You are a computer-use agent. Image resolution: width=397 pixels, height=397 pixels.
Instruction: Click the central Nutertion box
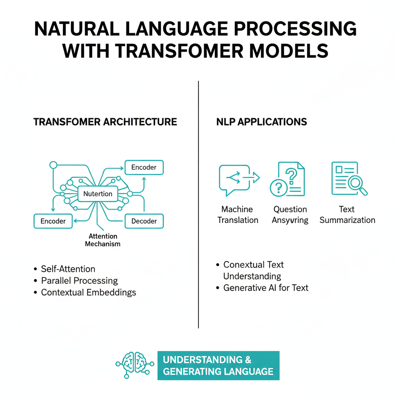(x=98, y=194)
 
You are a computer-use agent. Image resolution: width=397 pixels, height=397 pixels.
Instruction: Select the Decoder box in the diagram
(x=144, y=221)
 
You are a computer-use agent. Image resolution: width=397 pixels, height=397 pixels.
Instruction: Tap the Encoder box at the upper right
(x=144, y=167)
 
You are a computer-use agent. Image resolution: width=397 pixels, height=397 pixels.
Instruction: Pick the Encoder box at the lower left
(x=53, y=221)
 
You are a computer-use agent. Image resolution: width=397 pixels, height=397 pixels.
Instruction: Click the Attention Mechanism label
(x=103, y=240)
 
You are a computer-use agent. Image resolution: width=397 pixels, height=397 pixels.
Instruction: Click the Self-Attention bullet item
(x=68, y=269)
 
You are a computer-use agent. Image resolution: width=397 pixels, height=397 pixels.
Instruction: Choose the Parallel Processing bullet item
(x=79, y=281)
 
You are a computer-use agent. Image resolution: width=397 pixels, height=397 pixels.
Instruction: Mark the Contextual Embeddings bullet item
(x=89, y=292)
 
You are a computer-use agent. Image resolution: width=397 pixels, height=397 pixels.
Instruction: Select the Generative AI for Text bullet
(x=266, y=288)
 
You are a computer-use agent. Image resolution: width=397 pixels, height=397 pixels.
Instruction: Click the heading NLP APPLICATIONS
(x=262, y=122)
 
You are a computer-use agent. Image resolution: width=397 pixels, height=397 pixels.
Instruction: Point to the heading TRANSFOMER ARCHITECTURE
(x=105, y=122)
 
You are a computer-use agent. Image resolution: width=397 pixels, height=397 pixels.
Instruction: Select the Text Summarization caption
(x=347, y=215)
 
